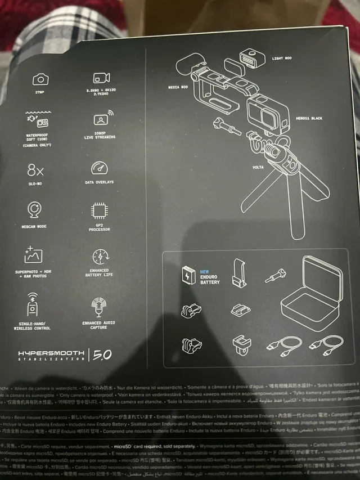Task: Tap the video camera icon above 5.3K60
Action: (102, 78)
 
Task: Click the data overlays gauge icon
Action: (99, 168)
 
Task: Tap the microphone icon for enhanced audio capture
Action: (98, 307)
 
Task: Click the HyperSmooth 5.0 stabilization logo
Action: (58, 355)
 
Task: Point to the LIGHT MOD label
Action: (282, 58)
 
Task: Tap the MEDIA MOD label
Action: (178, 87)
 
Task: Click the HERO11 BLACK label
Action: (309, 119)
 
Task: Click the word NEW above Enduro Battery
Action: (205, 271)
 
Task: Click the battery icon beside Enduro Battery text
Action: (187, 276)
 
